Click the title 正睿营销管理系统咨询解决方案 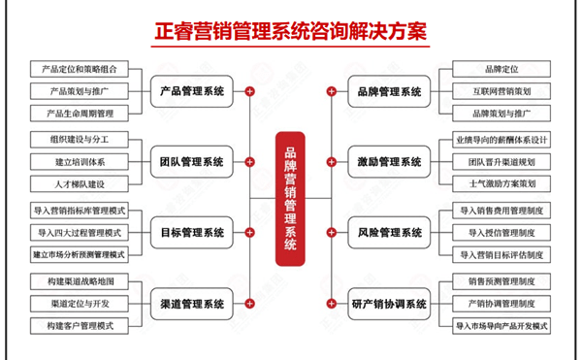tap(291, 29)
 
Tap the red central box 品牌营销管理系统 tap(290, 199)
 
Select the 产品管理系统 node tap(193, 91)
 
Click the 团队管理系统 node tap(193, 162)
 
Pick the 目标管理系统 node tap(193, 233)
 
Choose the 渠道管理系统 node tap(193, 304)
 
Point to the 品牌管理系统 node tap(388, 91)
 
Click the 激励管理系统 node tap(388, 162)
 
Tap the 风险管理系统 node tap(388, 233)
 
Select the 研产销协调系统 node tap(388, 304)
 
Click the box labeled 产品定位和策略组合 tap(79, 70)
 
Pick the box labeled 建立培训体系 tap(79, 162)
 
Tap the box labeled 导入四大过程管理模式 tap(79, 233)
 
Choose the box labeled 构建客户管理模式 tap(79, 326)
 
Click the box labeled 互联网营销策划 tap(501, 91)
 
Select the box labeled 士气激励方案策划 tap(501, 183)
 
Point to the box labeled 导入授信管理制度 tap(501, 233)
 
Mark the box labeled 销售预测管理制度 tap(501, 282)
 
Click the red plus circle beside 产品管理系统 tap(250, 91)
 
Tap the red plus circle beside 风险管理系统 tap(332, 233)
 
